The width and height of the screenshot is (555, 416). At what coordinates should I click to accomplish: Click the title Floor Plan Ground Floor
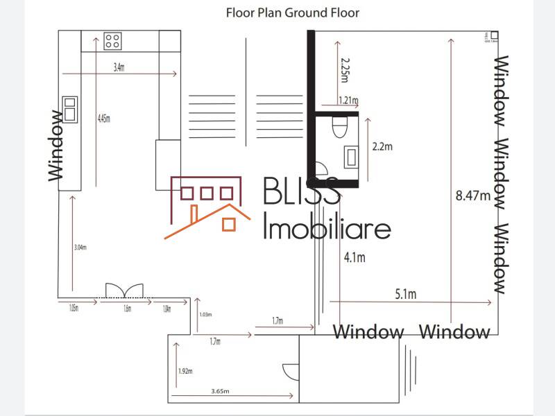coord(292,12)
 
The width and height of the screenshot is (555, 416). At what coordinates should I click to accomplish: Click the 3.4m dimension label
coord(119,67)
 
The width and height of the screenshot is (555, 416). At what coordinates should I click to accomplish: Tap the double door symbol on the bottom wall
coord(124,291)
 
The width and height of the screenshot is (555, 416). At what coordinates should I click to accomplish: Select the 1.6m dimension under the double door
coord(127,309)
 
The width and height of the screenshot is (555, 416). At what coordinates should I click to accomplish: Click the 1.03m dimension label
coord(205,315)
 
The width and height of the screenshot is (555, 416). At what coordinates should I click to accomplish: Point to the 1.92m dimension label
coord(185,371)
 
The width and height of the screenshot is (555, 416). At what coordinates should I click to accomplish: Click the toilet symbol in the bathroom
coord(339,127)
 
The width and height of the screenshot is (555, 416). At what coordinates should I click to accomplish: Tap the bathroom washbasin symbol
coord(350,156)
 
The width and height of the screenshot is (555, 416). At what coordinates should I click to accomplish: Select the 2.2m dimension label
coord(382,146)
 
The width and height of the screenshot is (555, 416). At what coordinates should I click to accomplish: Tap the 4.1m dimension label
coord(355,258)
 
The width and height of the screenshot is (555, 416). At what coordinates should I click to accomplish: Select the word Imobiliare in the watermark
coord(327,227)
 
